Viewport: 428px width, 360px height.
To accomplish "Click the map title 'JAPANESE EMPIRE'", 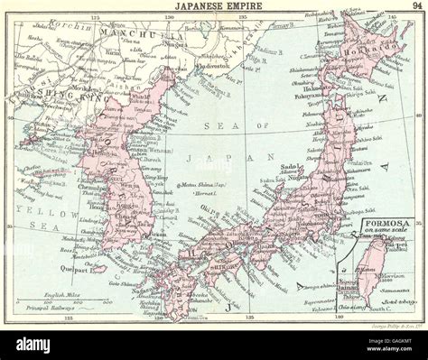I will click(214, 6).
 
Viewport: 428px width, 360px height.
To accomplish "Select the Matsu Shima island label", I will click(203, 185).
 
